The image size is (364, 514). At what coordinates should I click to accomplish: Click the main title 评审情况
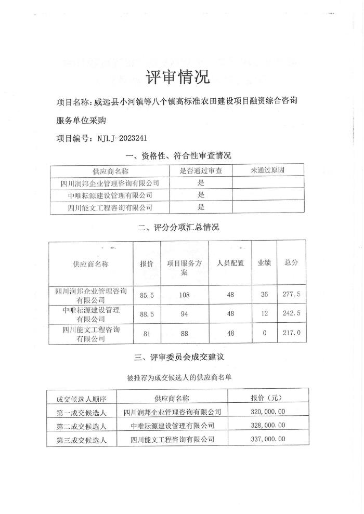click(178, 77)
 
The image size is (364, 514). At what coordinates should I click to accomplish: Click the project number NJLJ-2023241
click(119, 139)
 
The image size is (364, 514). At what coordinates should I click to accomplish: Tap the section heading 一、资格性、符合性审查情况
click(178, 155)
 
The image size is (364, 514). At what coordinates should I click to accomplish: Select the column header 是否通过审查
click(201, 170)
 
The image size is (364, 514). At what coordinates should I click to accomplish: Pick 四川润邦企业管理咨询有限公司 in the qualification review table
click(110, 183)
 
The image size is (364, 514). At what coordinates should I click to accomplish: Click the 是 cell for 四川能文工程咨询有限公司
click(201, 207)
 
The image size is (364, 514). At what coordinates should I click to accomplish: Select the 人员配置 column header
click(230, 263)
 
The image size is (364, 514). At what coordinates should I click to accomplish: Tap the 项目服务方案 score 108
click(184, 295)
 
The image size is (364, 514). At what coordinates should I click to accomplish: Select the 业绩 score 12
click(264, 314)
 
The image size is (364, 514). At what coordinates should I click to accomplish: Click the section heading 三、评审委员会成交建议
click(179, 358)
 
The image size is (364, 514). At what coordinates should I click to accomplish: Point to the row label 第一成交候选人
click(82, 413)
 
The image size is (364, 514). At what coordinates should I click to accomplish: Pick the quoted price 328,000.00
click(265, 426)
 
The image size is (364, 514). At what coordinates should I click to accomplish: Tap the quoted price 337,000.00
click(265, 439)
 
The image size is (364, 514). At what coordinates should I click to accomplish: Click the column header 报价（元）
click(265, 399)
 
